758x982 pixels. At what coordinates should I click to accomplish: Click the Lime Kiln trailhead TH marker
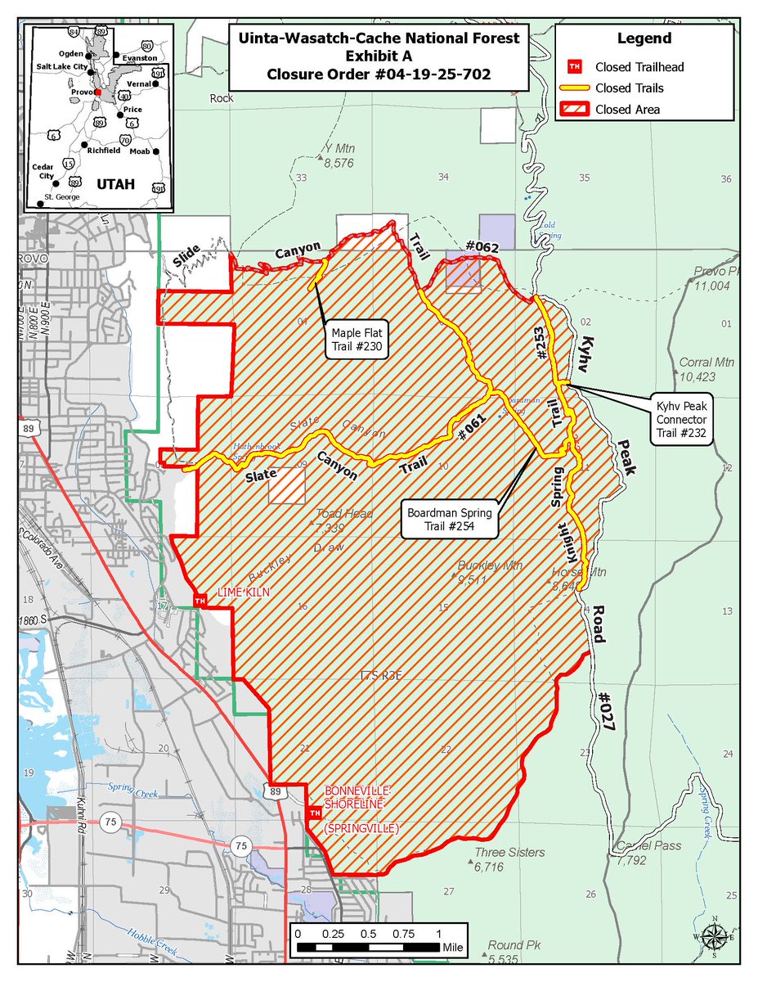(x=199, y=601)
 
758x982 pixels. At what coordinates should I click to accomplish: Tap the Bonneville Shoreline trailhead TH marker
(x=314, y=813)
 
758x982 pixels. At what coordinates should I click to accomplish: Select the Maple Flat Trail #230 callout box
(x=357, y=340)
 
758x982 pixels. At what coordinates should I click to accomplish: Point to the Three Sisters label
(x=509, y=853)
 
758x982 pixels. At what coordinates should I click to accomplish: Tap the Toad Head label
(x=344, y=514)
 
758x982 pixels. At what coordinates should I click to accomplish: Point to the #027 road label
(x=603, y=709)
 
